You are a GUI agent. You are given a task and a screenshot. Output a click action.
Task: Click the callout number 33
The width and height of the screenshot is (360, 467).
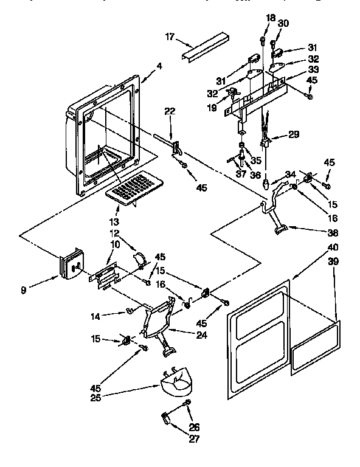coord(294,70)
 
